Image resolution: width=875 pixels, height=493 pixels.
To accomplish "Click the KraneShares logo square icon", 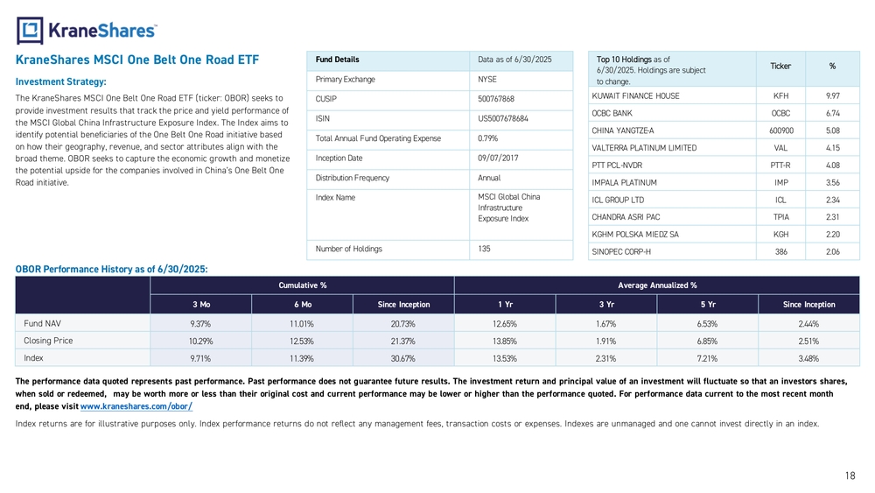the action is coord(30,31).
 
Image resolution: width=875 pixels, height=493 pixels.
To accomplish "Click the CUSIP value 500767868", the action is coord(496,99).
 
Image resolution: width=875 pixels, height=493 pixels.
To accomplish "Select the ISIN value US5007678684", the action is coord(503,118).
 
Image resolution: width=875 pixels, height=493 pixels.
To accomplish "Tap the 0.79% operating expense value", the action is coord(487,138).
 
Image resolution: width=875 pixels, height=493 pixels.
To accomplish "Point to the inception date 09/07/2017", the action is coord(498,158).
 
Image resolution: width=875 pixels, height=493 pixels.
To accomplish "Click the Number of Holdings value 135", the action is coord(484,249).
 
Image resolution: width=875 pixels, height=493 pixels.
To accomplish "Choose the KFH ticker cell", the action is coord(780,96).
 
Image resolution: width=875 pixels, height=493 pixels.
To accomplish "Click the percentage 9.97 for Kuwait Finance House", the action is coord(833,96).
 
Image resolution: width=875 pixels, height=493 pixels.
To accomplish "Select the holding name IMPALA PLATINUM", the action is coord(625,182).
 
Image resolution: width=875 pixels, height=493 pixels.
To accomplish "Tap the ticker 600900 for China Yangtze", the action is coord(780,130).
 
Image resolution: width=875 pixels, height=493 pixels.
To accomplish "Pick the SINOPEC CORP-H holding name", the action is coord(621,252).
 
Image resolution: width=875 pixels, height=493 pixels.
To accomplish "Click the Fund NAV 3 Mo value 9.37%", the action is coord(200,324).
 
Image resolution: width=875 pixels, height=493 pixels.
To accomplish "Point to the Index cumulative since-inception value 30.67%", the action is coord(402,358).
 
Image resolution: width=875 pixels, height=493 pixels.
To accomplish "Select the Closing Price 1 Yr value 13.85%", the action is coord(505,342).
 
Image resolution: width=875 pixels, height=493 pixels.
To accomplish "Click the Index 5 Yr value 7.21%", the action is coord(707,358).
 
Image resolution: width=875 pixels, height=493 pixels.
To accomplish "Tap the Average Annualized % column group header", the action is coord(657,285).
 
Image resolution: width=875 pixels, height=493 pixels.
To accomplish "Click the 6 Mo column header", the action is coord(303,304).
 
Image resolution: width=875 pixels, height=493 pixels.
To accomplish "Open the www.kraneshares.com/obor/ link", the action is coord(136,406).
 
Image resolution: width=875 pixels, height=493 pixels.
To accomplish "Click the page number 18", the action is coord(850,475).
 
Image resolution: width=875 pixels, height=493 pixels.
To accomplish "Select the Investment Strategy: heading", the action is coord(61,81).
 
